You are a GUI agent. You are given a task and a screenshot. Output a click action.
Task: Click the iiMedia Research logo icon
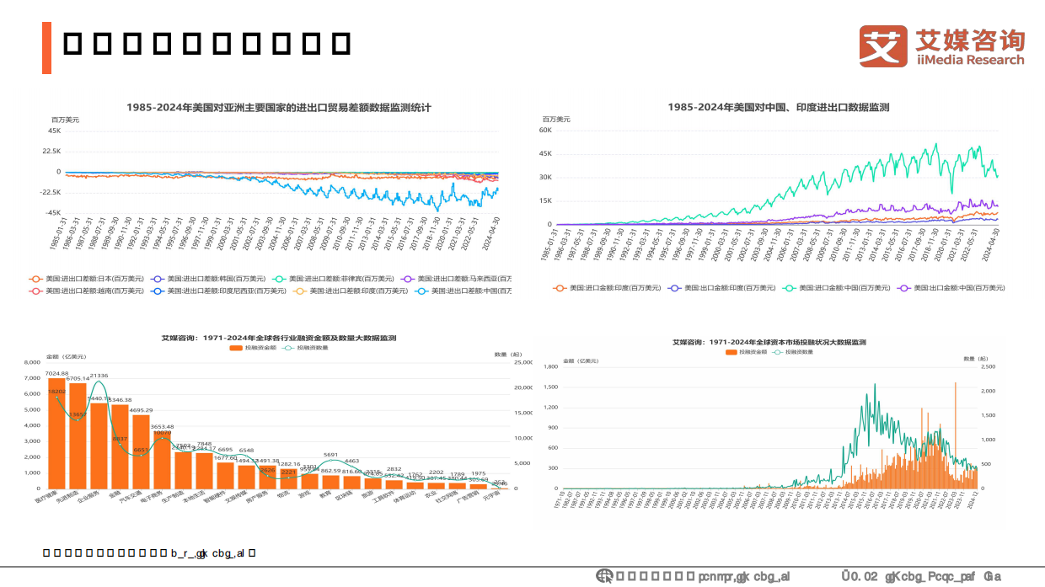(883, 46)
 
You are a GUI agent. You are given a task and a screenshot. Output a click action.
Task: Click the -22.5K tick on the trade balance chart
(50, 192)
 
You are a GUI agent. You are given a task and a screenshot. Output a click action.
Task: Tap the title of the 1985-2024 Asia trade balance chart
(278, 107)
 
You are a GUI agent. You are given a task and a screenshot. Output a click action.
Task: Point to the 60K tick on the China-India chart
(544, 131)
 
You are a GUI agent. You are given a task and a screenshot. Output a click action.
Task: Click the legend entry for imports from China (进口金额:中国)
(846, 287)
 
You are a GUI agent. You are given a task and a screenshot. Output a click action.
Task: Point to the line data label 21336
(99, 375)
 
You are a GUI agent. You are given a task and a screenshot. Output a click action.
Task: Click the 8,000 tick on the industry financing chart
(32, 362)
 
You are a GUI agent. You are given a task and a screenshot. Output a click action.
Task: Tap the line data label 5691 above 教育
(330, 455)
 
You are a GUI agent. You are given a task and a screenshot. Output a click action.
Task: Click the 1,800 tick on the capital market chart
(551, 367)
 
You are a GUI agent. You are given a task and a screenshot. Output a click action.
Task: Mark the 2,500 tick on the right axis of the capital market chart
(989, 367)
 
